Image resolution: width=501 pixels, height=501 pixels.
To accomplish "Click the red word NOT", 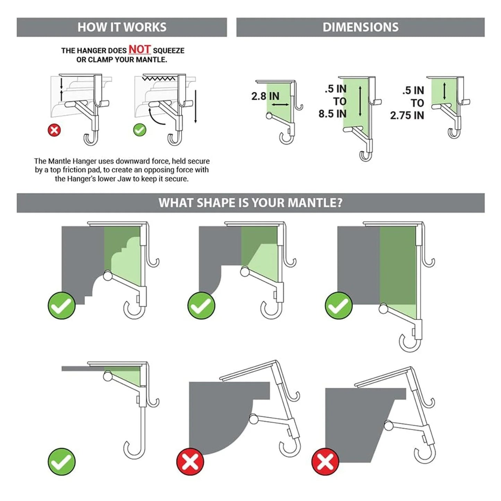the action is click(x=140, y=49).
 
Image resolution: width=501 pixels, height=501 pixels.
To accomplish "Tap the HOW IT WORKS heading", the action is click(x=122, y=27).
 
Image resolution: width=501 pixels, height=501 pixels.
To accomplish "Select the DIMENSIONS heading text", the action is click(x=360, y=27).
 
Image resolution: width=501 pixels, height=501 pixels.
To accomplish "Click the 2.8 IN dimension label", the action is click(x=265, y=96).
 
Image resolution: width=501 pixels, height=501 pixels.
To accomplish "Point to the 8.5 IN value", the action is click(x=332, y=114).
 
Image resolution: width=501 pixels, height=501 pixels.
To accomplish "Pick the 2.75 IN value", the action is click(x=407, y=115).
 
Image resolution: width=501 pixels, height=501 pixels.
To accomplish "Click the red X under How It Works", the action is click(x=54, y=130).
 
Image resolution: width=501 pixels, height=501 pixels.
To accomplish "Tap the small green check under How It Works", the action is click(x=140, y=130).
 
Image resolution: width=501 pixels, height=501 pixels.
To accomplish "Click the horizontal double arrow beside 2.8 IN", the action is click(x=280, y=104).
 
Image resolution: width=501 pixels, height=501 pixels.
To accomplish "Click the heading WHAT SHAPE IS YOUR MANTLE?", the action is click(x=250, y=202).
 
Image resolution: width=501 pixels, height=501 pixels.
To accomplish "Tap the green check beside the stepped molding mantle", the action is click(x=62, y=305).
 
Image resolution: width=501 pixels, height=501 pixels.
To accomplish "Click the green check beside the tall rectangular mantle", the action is click(x=338, y=305).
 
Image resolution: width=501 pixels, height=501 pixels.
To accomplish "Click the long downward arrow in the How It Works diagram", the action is click(x=196, y=106).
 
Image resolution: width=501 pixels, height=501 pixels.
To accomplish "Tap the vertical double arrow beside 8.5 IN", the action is click(x=360, y=101).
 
